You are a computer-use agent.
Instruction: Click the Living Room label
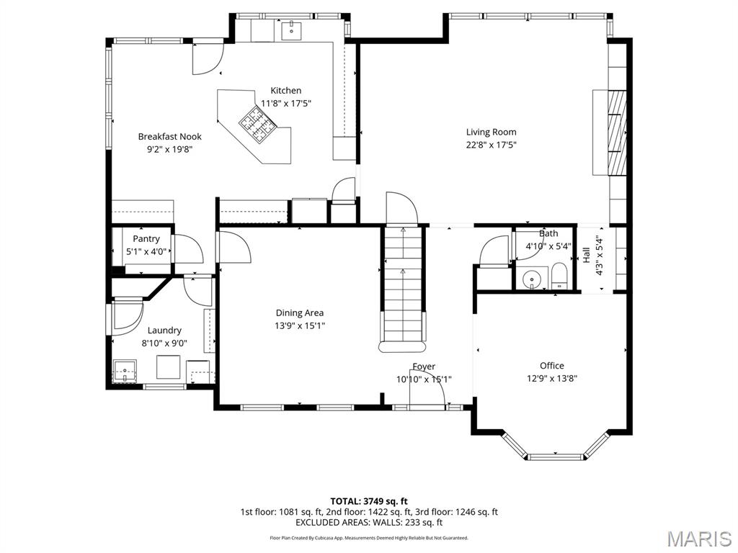coord(491,132)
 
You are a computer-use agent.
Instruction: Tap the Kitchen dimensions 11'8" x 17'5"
coord(286,103)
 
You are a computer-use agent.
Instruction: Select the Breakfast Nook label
coord(169,136)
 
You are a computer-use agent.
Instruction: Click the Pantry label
coord(146,238)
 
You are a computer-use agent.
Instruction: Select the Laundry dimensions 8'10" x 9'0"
coord(164,343)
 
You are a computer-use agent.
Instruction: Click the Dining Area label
coord(300,313)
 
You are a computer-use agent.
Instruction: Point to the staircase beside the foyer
coord(403,288)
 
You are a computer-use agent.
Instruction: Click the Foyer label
coord(424,367)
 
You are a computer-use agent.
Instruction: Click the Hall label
coord(587,255)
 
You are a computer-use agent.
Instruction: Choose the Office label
coord(552,365)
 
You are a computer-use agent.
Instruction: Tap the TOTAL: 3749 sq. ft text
coord(369,501)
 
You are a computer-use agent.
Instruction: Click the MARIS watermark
coord(698,538)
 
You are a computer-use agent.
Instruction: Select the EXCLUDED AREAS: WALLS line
coord(369,523)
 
